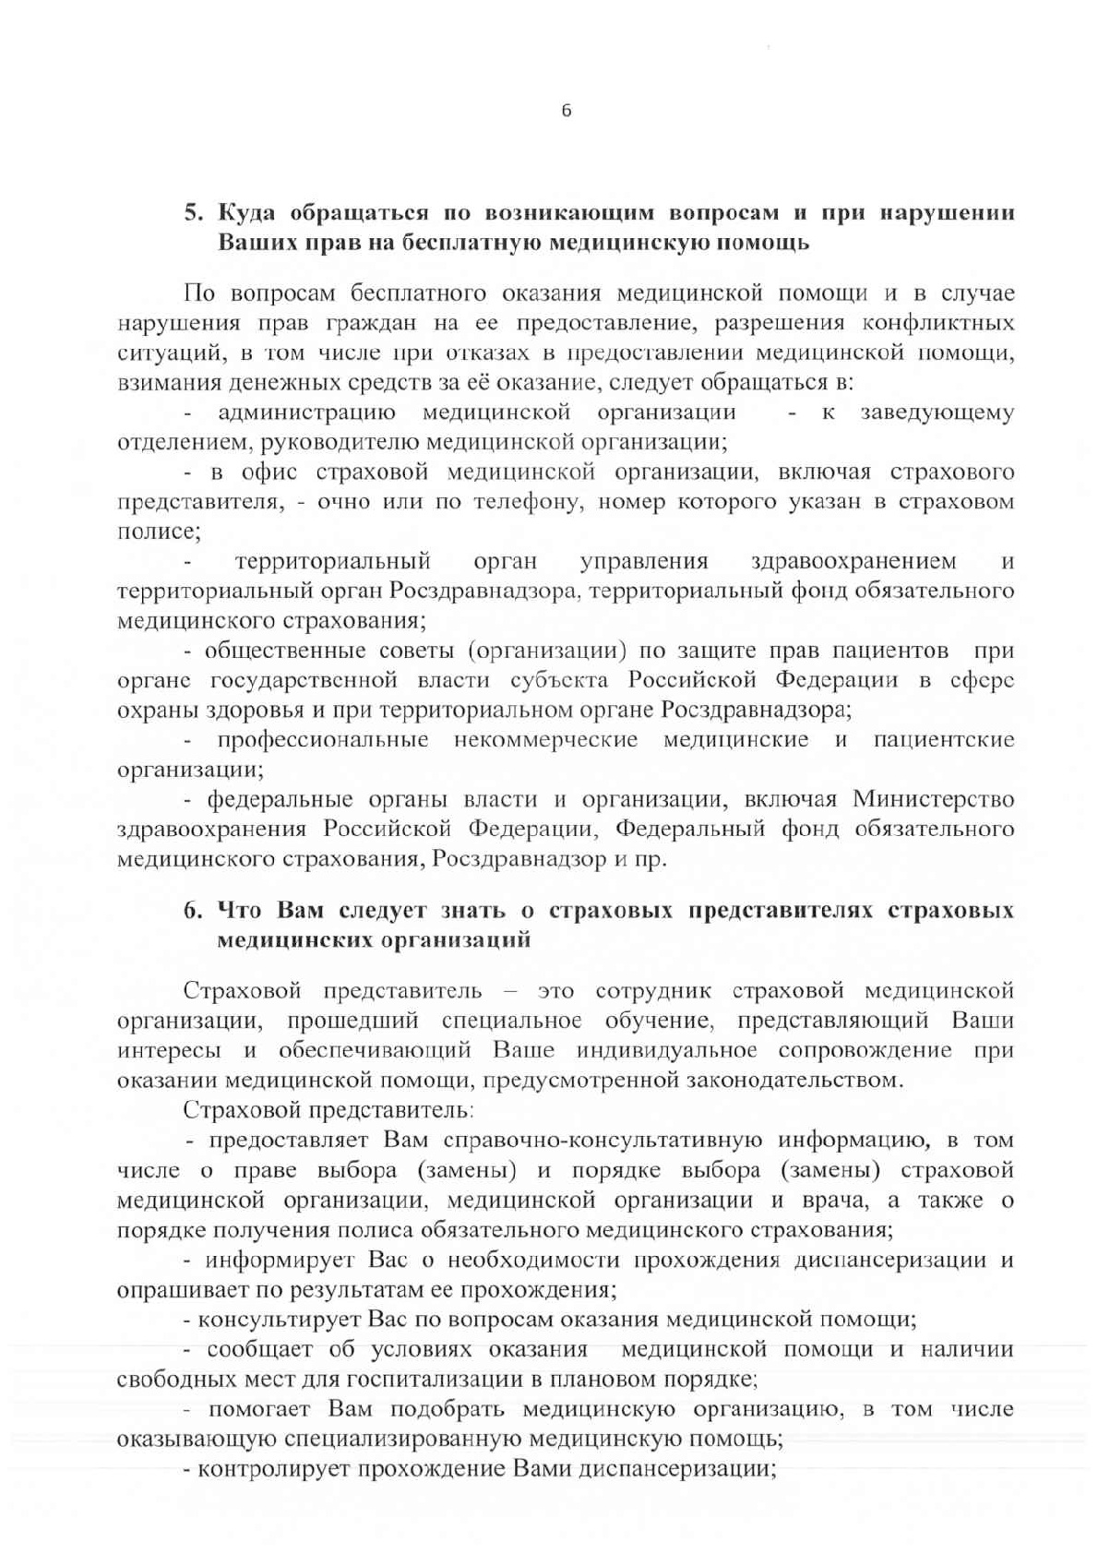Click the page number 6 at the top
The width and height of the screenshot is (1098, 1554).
click(566, 112)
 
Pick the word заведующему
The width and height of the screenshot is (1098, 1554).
click(937, 412)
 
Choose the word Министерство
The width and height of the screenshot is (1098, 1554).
click(933, 798)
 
